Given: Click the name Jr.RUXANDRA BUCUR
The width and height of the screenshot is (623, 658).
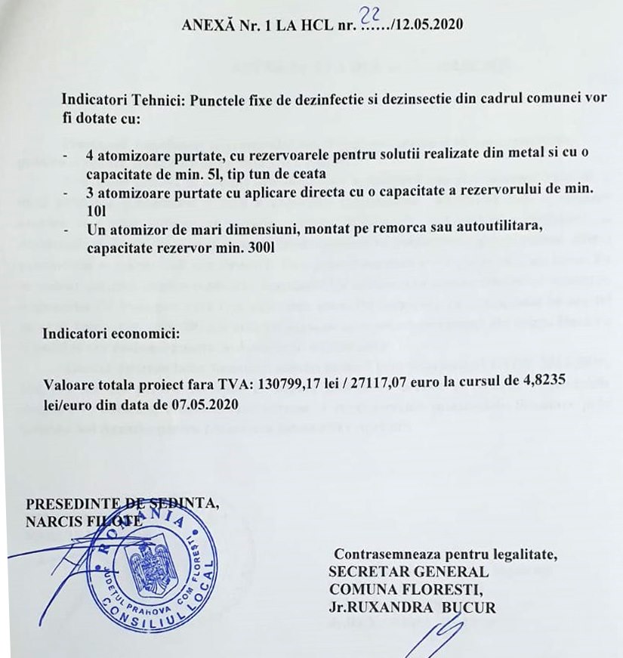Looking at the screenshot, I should (412, 607).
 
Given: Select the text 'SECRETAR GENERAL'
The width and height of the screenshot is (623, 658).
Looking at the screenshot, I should (409, 572).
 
